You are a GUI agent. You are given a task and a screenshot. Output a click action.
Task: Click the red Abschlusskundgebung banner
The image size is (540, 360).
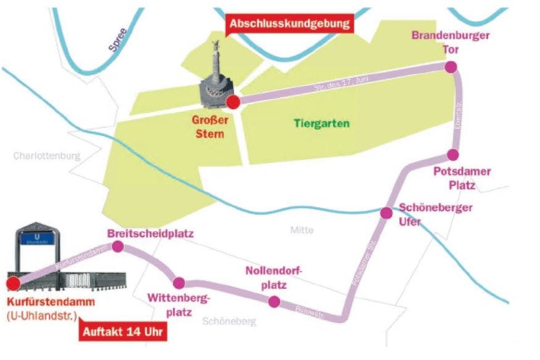(290, 24)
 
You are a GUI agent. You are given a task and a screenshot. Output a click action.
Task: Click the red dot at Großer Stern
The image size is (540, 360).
(234, 102)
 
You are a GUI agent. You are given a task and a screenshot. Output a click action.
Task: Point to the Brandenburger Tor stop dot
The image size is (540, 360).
(451, 67)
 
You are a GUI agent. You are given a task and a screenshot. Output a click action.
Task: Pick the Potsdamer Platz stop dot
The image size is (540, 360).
(453, 154)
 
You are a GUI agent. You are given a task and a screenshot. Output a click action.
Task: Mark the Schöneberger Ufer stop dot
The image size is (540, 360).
(386, 213)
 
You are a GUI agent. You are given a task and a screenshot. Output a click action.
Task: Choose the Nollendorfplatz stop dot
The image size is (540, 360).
(274, 301)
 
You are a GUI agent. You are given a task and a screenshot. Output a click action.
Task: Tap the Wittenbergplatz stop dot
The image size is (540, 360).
(179, 283)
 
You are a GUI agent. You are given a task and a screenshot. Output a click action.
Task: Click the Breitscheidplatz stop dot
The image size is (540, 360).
(118, 247)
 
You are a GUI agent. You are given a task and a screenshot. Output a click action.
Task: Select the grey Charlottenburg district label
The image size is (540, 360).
(47, 156)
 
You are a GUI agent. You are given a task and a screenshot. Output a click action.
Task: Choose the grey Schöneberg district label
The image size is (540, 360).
(229, 321)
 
